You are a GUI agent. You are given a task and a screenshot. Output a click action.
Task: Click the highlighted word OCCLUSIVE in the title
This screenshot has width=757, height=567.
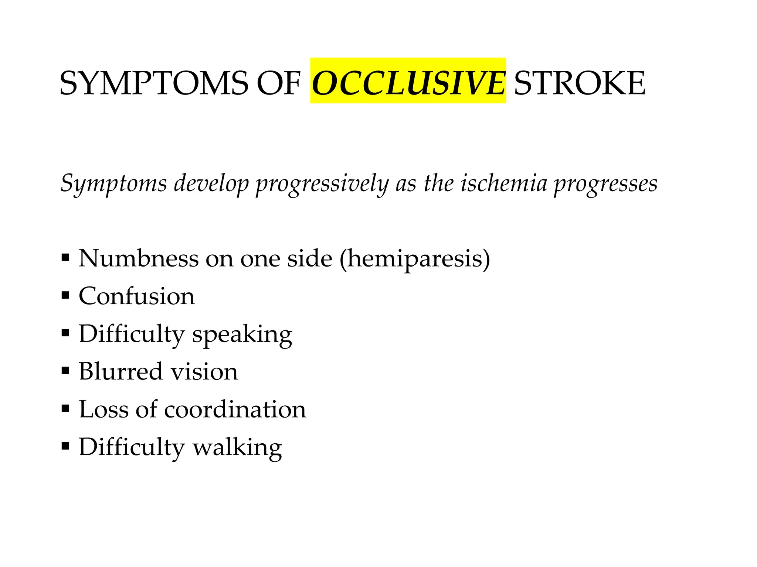pos(408,83)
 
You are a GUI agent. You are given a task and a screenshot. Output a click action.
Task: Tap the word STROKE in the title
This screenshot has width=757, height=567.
pos(580,83)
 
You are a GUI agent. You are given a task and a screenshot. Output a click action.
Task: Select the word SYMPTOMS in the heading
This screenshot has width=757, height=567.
pos(154,83)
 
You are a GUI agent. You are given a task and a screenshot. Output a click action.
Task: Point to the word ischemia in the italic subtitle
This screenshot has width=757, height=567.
pos(503,183)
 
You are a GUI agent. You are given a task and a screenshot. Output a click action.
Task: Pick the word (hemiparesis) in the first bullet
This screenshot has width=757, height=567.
pos(415,259)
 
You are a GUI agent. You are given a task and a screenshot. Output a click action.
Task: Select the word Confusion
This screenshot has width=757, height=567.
pos(137,296)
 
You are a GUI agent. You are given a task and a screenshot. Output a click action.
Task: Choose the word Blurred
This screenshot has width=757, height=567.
pos(120,371)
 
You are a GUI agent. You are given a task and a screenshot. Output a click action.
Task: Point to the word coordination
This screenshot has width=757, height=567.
pos(235,409)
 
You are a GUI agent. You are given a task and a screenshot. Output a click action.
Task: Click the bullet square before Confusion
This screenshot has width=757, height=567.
pos(65,295)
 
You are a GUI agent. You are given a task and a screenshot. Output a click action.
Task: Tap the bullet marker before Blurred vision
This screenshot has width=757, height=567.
pos(65,371)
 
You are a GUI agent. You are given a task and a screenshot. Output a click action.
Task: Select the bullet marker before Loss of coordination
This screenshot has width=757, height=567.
pos(65,409)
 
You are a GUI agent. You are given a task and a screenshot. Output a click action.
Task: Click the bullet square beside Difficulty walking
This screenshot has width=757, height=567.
pos(65,446)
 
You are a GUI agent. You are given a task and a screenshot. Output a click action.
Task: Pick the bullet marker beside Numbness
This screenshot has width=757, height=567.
pos(65,257)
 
